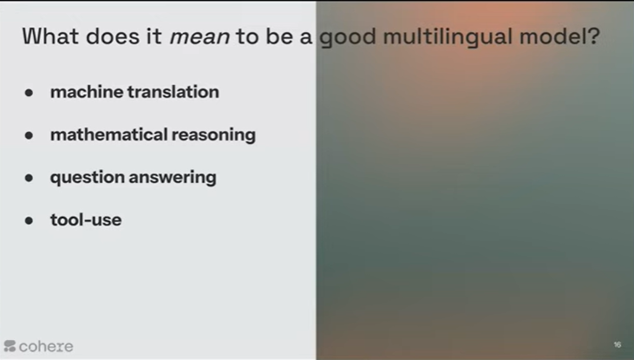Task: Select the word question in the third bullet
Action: [x=88, y=178]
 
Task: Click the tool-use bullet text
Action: [x=86, y=220]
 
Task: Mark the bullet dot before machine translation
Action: [x=29, y=93]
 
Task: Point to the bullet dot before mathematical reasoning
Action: [x=29, y=135]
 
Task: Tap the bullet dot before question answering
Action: [x=29, y=178]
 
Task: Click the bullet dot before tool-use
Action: [x=29, y=220]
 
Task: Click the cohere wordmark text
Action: [x=46, y=346]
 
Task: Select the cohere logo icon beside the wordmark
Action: [x=10, y=346]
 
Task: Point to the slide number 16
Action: [x=617, y=345]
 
